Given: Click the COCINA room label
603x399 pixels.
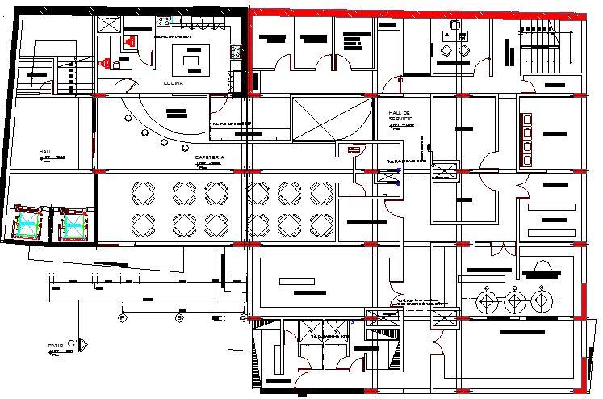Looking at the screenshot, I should pos(173,83).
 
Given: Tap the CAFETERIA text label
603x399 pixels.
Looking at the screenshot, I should pos(209,157).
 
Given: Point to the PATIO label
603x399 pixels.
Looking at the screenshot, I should pos(56,346).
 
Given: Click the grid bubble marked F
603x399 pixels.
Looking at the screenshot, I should pos(123,317).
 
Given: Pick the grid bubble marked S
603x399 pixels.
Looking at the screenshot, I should pos(180,317).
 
